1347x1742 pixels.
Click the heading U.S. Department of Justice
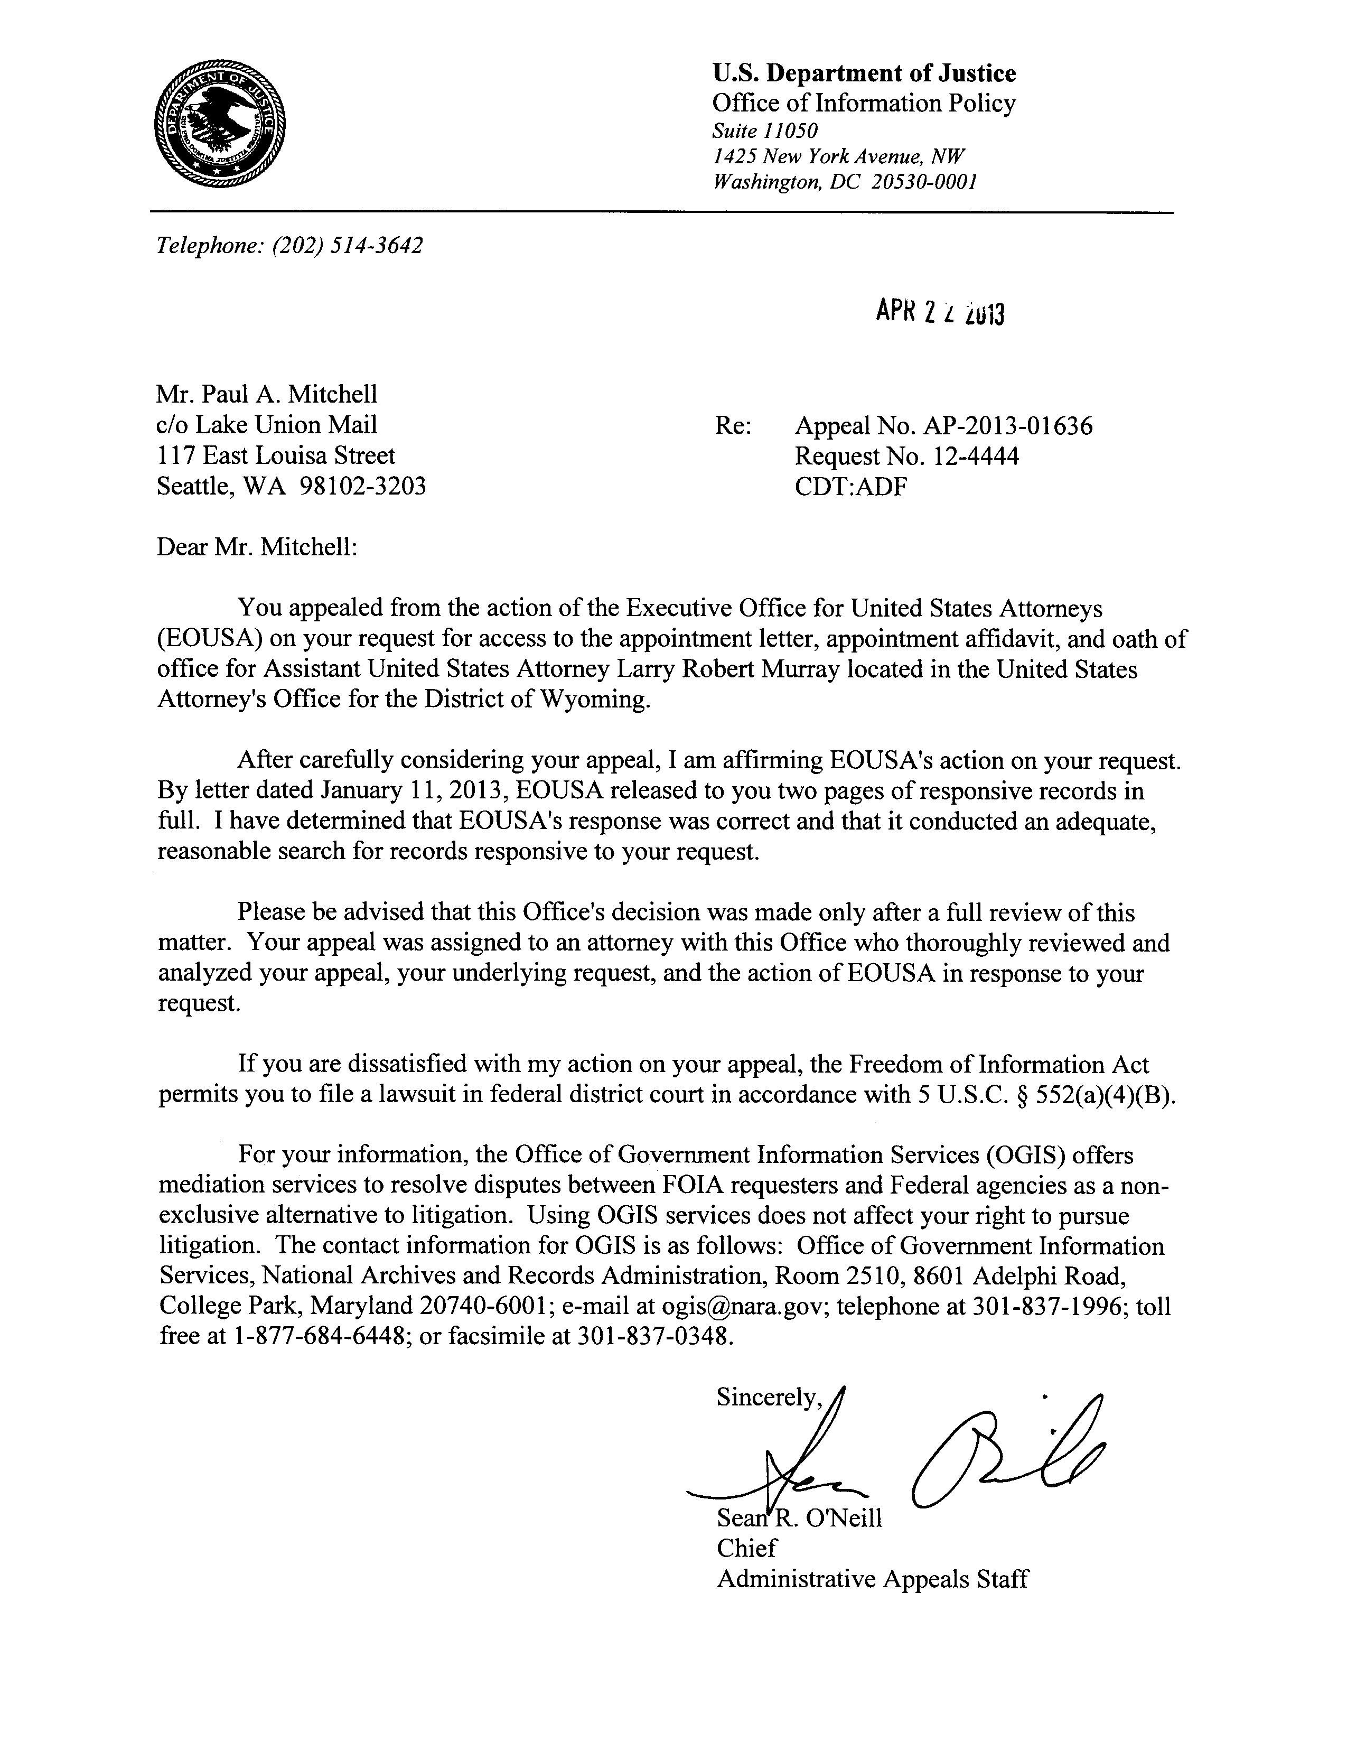[x=864, y=73]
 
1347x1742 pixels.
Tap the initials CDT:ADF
[x=851, y=487]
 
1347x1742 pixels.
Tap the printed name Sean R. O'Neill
[x=799, y=1518]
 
